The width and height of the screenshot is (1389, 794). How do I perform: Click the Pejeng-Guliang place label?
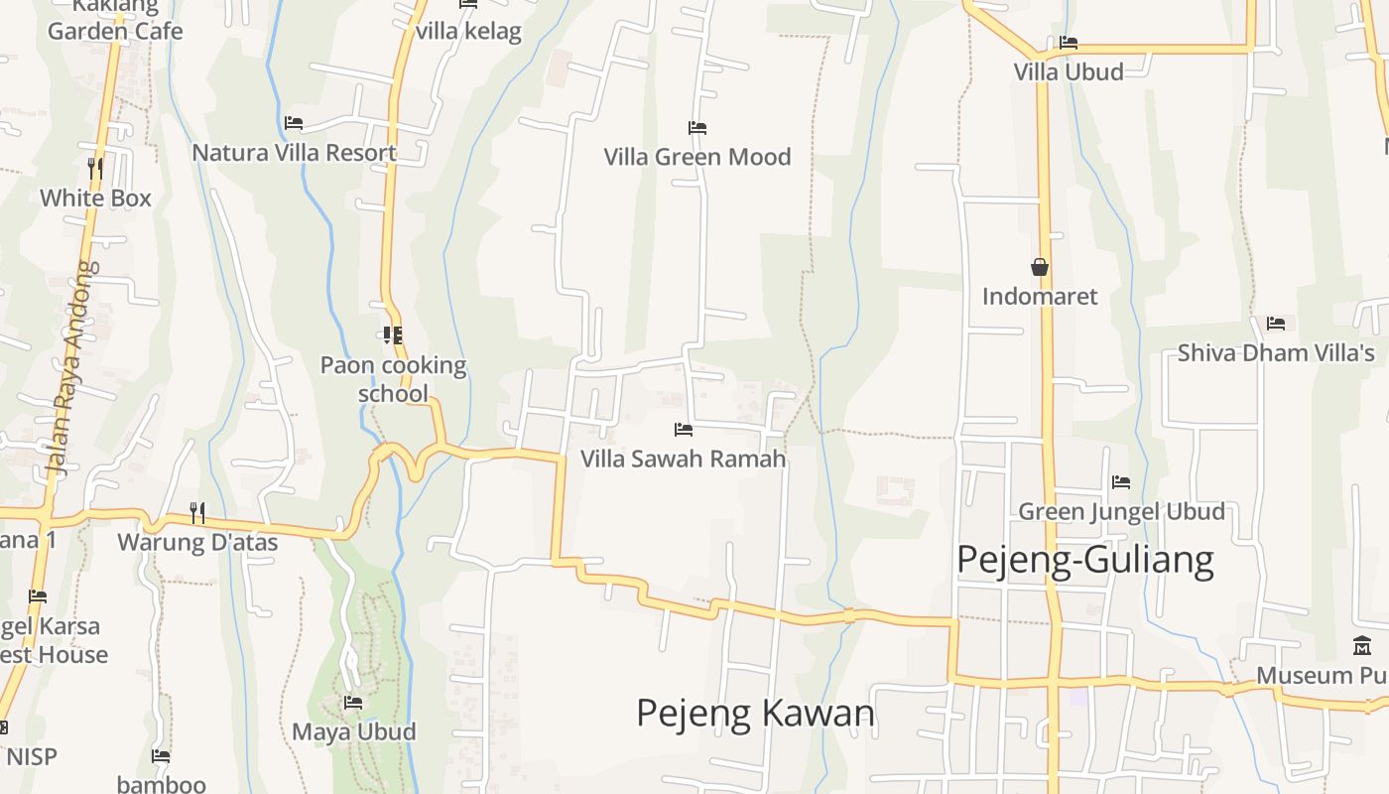coord(1084,561)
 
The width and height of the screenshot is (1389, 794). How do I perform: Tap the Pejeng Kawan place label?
coord(755,713)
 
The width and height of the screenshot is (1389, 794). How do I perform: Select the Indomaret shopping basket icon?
coord(1040,267)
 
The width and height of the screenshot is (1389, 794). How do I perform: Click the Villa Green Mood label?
coord(697,157)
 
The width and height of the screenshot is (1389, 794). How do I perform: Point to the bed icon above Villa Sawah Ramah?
coord(683,430)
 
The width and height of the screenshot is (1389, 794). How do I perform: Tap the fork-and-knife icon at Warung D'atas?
coord(197,512)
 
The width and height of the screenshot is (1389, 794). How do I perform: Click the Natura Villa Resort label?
coord(294,153)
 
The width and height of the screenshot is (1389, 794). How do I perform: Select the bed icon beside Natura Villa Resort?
coord(293,123)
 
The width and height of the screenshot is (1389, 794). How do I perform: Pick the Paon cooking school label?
coord(393,379)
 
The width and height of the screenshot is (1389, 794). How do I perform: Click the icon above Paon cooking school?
coord(392,335)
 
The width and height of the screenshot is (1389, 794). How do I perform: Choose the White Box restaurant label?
coord(95,198)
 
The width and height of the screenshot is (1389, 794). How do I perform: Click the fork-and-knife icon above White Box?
coord(95,168)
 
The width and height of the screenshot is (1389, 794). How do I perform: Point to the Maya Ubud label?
coord(353,731)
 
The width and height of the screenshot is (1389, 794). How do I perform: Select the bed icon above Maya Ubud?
coord(352,703)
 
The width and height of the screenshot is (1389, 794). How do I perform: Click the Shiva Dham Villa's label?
coord(1276,353)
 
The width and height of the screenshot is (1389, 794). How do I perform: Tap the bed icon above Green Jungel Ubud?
coord(1121,482)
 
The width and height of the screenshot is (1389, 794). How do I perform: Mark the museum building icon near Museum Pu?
coord(1362,646)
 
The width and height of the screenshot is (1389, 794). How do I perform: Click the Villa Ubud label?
coord(1069,71)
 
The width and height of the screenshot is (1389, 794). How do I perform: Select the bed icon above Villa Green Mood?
coord(696,128)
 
